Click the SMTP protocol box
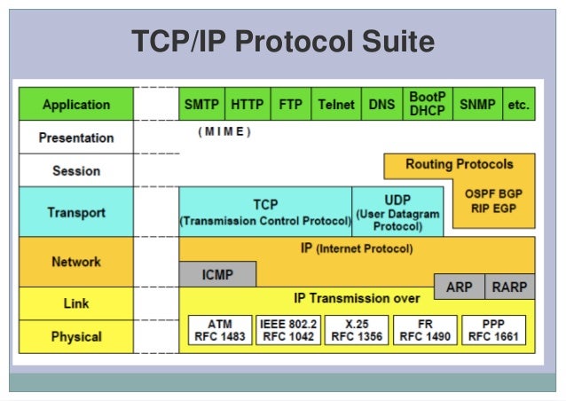coord(202,104)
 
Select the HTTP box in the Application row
coord(248,104)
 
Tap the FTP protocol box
coord(291,104)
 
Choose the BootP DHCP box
coord(427,104)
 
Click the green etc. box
coord(518,104)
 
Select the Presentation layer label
coord(76,138)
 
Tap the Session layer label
coord(76,170)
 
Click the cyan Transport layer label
coord(76,213)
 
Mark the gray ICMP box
coord(217,275)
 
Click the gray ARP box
coord(459,287)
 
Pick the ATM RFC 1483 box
coord(219,330)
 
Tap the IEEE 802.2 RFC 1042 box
coord(287,330)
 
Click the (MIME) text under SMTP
coord(225,131)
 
